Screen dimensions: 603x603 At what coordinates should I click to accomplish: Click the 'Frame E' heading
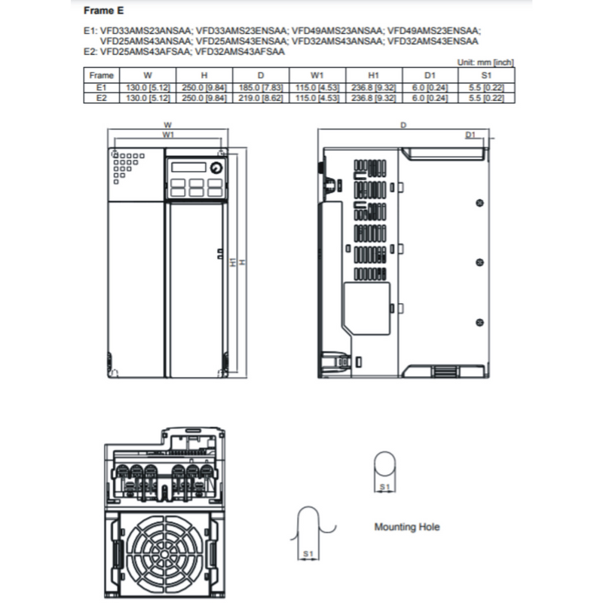[99, 11]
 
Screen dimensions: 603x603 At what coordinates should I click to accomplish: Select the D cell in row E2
[261, 97]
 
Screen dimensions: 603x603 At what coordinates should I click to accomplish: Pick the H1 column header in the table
[373, 75]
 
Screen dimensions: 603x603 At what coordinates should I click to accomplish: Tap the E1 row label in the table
[102, 87]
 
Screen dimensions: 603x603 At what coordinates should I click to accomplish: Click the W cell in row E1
[148, 87]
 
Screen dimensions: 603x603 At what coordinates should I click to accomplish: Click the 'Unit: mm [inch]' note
[486, 63]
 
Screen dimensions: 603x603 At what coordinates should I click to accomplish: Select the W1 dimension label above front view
[169, 134]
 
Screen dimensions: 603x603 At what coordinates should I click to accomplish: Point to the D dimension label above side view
[404, 124]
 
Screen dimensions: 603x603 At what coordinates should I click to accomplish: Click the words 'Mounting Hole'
[407, 527]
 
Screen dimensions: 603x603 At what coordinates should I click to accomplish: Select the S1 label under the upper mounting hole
[384, 488]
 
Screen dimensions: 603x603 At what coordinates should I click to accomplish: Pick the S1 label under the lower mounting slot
[308, 554]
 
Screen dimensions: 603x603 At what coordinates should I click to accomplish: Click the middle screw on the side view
[480, 262]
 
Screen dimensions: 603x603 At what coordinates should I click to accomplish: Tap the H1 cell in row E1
[373, 87]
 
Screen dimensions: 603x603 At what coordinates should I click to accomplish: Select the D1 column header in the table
[430, 75]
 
